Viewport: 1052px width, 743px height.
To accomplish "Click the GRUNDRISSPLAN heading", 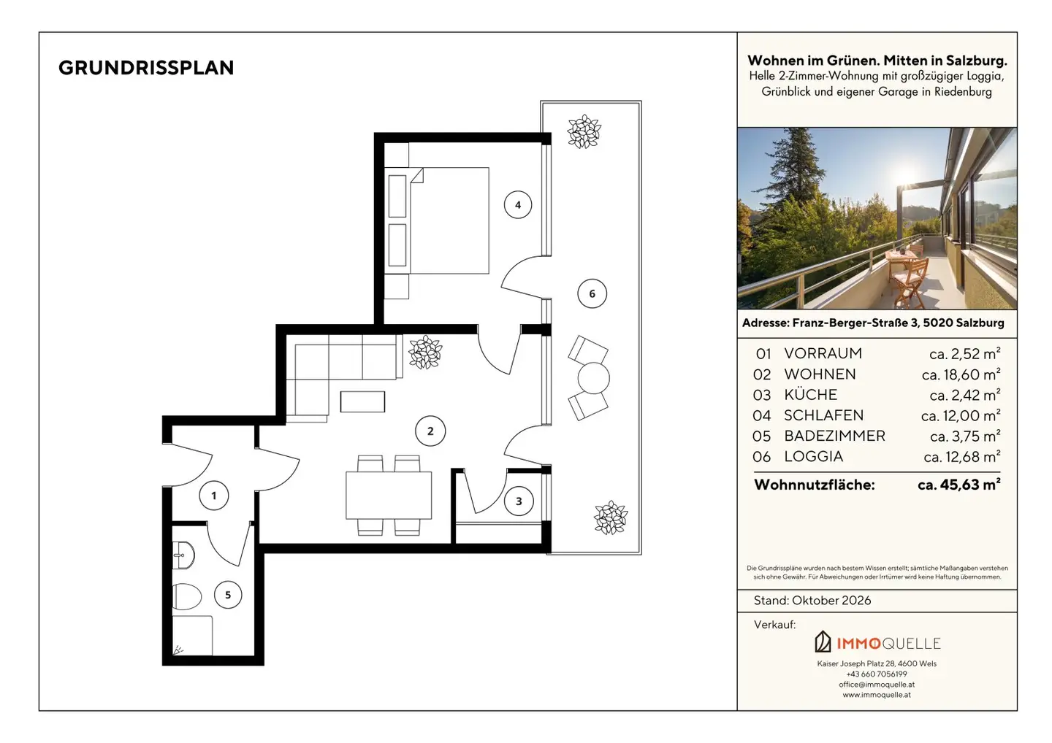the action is (x=146, y=68).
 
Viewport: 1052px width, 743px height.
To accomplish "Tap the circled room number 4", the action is (x=518, y=205).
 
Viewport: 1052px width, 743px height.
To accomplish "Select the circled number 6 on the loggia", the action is (x=592, y=293).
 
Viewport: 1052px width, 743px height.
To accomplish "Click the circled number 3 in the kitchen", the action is (x=519, y=501).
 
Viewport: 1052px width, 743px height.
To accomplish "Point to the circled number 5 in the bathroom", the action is (x=228, y=595).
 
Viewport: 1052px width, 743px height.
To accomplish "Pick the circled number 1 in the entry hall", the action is (x=214, y=496).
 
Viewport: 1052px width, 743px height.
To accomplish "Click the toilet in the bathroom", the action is (x=187, y=596).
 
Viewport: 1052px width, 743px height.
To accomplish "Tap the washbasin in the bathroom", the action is (x=183, y=555).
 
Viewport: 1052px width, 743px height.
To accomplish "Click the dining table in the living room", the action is (x=389, y=496).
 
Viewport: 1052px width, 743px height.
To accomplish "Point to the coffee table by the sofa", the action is (x=362, y=401).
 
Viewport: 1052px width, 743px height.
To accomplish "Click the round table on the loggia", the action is (x=594, y=378).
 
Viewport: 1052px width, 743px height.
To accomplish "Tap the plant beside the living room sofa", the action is (x=425, y=352).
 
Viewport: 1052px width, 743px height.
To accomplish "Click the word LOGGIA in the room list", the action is (x=813, y=456).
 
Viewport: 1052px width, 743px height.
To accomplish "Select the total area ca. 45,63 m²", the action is (x=959, y=485).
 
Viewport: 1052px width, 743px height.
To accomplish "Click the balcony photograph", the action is (x=877, y=218).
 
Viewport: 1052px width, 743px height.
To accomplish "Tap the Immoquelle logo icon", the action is (x=823, y=642).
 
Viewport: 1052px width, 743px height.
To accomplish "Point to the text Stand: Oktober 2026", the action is (x=812, y=601).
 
